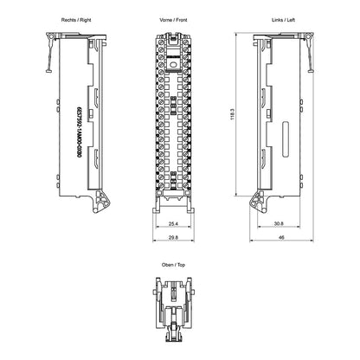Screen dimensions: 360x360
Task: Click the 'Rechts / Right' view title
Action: [x=76, y=20]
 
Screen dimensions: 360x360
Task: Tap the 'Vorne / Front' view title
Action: [x=173, y=20]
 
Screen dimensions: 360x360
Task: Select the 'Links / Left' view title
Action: [x=283, y=20]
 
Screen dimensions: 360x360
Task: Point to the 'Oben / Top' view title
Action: [x=173, y=265]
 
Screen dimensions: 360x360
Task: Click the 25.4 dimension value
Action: [x=173, y=223]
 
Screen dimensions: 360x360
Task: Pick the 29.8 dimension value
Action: [x=173, y=237]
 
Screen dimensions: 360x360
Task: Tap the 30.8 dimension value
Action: [x=279, y=223]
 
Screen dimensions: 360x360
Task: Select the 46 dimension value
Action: [x=281, y=237]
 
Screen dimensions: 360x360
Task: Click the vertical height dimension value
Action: [x=233, y=114]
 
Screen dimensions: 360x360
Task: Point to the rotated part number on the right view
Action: [x=78, y=132]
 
